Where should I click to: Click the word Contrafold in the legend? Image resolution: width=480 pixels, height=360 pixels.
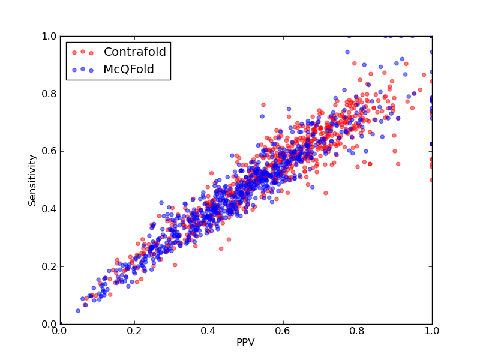tap(134, 52)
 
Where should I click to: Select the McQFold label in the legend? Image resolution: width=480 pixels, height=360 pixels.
tap(128, 69)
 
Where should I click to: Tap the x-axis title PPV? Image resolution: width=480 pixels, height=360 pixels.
tap(245, 342)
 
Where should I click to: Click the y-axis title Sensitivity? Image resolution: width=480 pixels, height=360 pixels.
tap(32, 180)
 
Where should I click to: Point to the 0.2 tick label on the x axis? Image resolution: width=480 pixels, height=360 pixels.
tap(134, 331)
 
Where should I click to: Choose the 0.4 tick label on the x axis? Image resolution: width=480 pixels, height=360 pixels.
tap(209, 331)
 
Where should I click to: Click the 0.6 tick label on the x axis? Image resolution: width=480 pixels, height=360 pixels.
tap(283, 331)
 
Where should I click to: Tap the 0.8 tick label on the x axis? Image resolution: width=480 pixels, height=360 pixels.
tap(358, 331)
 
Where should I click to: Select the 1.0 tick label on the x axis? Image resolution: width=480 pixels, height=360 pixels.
tap(432, 331)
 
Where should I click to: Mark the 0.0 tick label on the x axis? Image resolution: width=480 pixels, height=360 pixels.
tap(60, 331)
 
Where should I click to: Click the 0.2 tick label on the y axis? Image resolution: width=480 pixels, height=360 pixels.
tap(49, 266)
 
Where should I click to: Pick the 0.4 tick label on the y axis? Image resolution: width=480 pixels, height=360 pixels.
tap(49, 209)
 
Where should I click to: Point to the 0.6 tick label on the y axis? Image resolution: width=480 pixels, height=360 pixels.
tap(49, 152)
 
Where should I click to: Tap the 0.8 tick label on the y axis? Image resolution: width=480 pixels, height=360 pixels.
tap(49, 94)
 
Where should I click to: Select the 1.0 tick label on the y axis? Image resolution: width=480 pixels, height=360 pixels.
tap(49, 36)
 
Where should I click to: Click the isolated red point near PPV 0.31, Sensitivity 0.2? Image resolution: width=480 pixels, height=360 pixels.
tap(175, 265)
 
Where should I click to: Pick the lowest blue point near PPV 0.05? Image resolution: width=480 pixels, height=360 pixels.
tap(78, 311)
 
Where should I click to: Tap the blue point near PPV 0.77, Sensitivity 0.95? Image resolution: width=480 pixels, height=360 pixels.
tap(347, 52)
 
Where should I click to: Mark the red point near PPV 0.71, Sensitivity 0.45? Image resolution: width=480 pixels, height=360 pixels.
tap(326, 193)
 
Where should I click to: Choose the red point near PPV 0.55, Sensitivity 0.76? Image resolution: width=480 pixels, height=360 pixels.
tap(263, 105)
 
